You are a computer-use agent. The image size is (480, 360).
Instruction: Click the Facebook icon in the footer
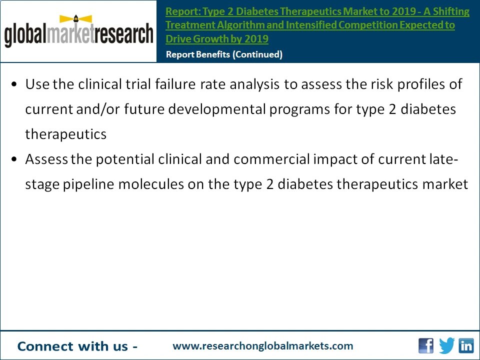coord(426,345)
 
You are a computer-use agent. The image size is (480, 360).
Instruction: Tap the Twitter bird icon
coord(447,345)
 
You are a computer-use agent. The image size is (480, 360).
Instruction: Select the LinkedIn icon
coord(466,345)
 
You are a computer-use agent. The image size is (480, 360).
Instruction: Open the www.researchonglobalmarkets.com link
coord(262,346)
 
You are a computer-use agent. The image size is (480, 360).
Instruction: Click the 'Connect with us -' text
coord(77,346)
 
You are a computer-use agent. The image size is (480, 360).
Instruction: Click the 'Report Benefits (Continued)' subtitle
coord(224,54)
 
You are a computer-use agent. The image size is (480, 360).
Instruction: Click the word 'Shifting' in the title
coord(452,11)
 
